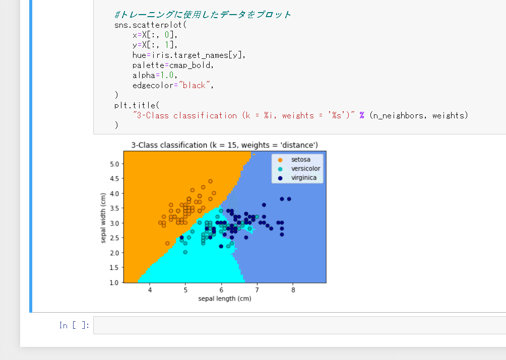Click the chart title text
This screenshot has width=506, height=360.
point(224,145)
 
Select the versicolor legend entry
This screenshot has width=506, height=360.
point(299,169)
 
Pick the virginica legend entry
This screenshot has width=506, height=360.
point(297,178)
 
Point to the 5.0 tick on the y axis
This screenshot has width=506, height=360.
point(114,164)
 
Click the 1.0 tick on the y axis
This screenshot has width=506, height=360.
point(114,282)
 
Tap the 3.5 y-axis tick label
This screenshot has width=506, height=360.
point(114,208)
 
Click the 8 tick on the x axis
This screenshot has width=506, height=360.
point(293,290)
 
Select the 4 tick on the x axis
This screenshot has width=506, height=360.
point(150,290)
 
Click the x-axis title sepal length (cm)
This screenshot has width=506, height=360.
point(225,299)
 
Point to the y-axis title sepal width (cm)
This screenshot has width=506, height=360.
point(103,218)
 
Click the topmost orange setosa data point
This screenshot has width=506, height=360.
point(210,181)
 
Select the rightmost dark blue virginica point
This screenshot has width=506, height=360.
point(289,199)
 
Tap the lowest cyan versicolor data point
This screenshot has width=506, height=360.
point(185,252)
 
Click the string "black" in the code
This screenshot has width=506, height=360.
point(194,86)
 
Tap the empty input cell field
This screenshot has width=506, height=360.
point(299,325)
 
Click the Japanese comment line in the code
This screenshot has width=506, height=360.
point(203,15)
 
